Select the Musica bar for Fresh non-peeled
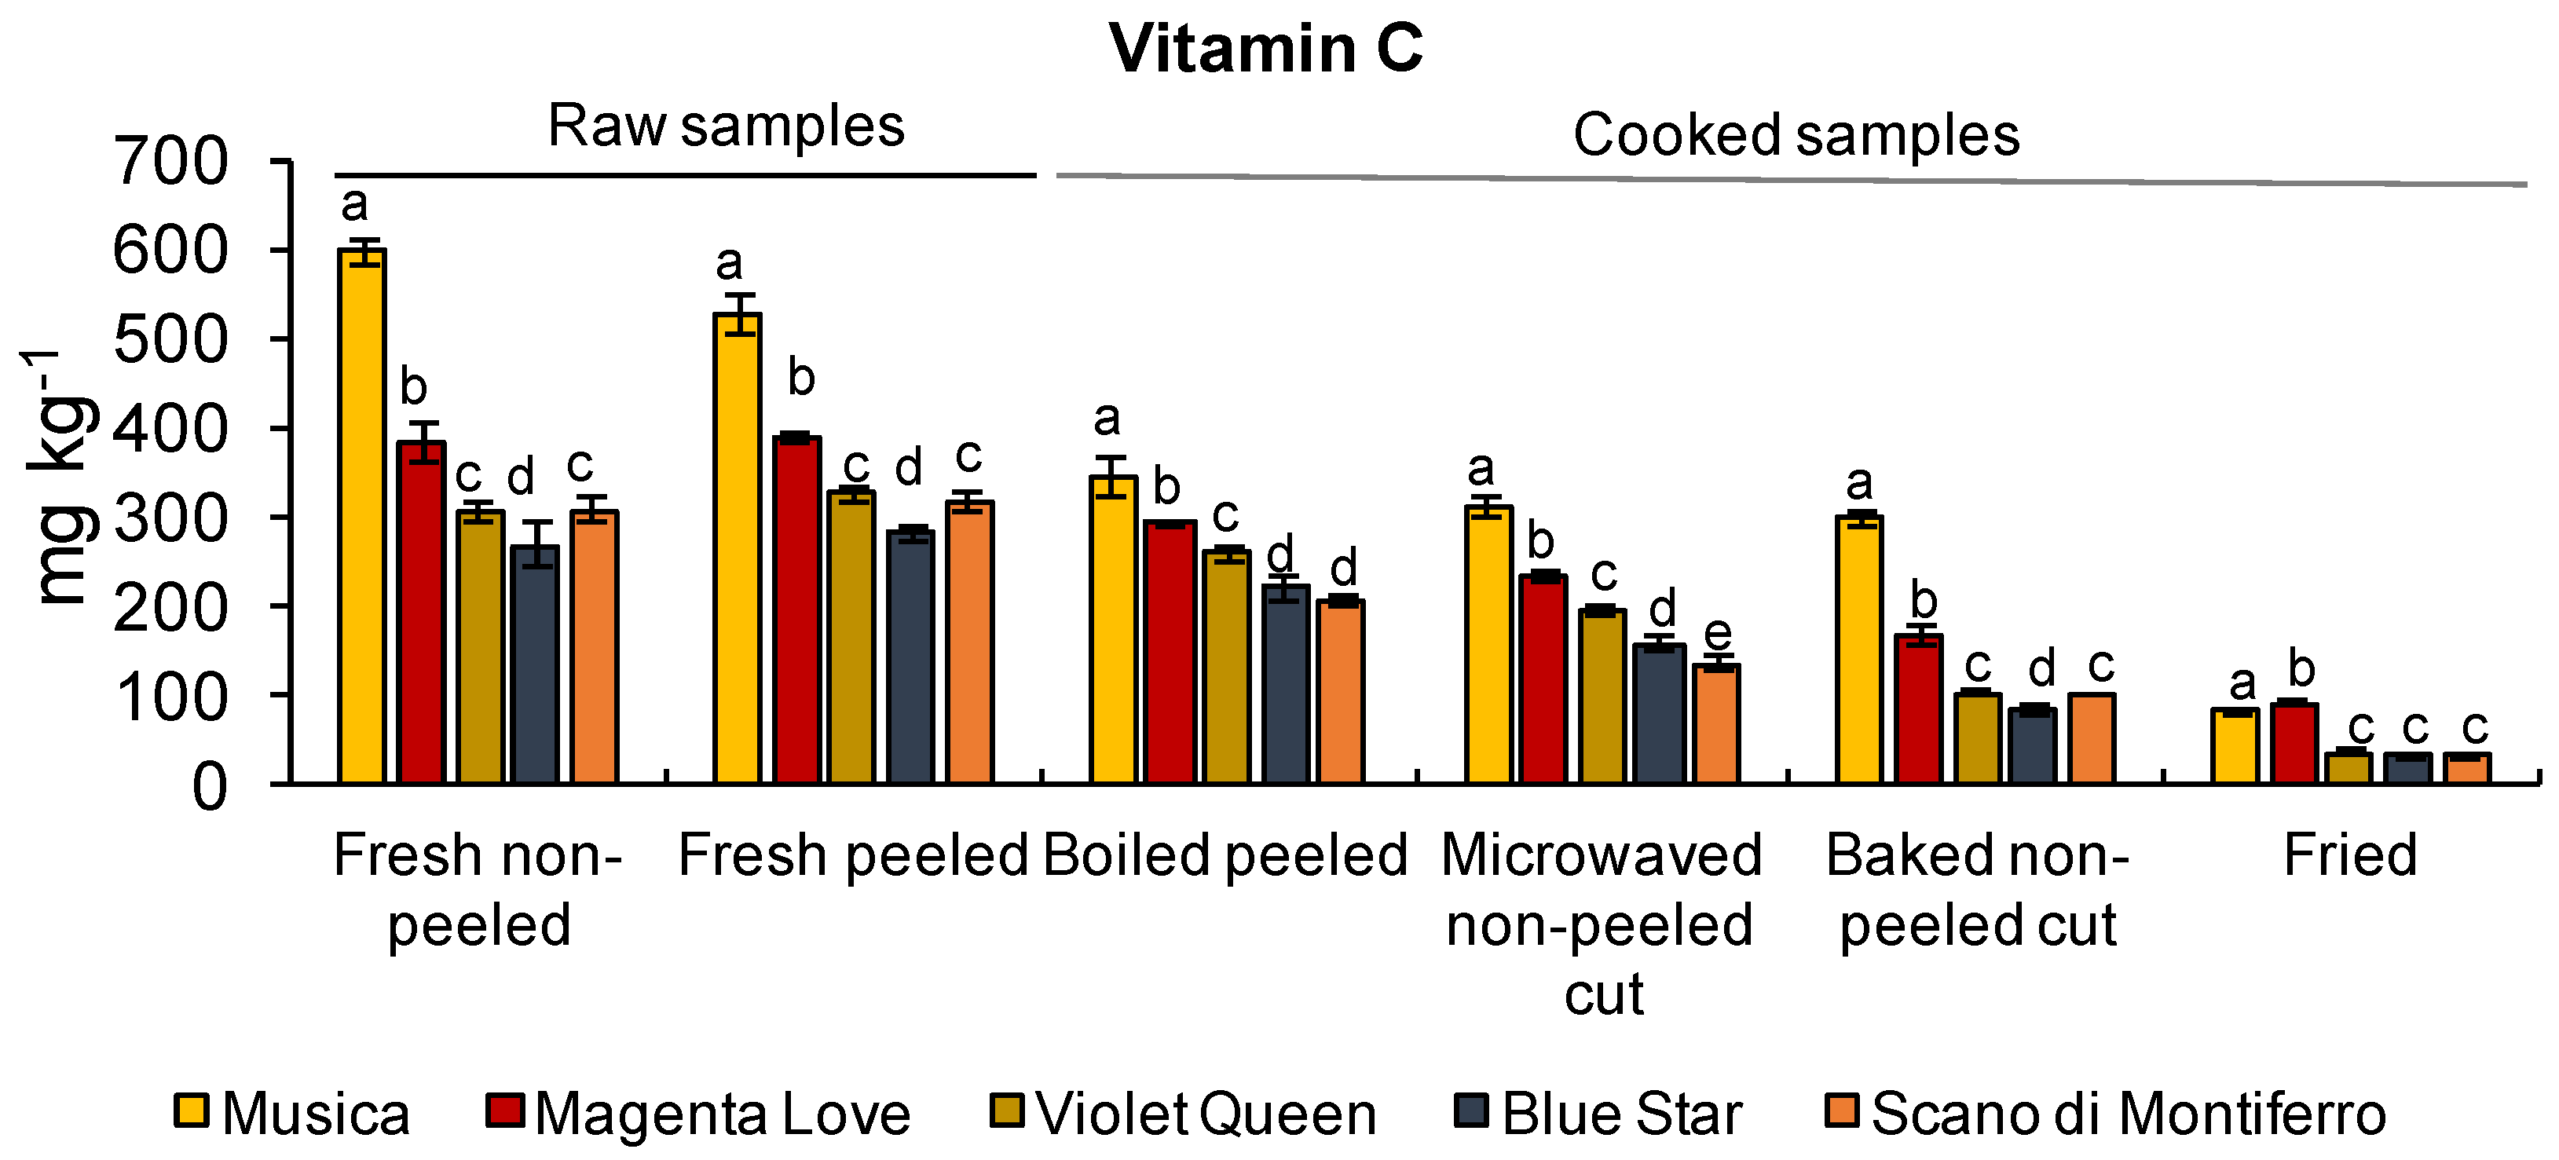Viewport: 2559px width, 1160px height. [361, 517]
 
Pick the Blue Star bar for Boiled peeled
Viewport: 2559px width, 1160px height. [1286, 686]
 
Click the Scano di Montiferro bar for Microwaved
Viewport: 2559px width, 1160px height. [1716, 725]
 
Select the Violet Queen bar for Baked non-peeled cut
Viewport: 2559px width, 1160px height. [1977, 739]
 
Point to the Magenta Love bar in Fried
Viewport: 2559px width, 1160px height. [2294, 744]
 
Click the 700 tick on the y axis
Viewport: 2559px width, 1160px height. [171, 161]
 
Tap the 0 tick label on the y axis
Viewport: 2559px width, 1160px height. [209, 789]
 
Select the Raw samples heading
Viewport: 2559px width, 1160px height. [727, 126]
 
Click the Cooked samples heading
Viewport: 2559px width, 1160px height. [1796, 134]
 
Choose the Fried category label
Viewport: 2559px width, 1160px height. [2349, 855]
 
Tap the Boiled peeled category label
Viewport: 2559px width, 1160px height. [1225, 855]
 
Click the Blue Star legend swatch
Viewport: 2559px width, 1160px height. [1471, 1111]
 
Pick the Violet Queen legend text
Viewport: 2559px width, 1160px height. [1206, 1114]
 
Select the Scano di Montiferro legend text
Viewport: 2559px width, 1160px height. [2128, 1114]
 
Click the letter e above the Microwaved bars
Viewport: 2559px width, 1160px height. [1718, 633]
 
